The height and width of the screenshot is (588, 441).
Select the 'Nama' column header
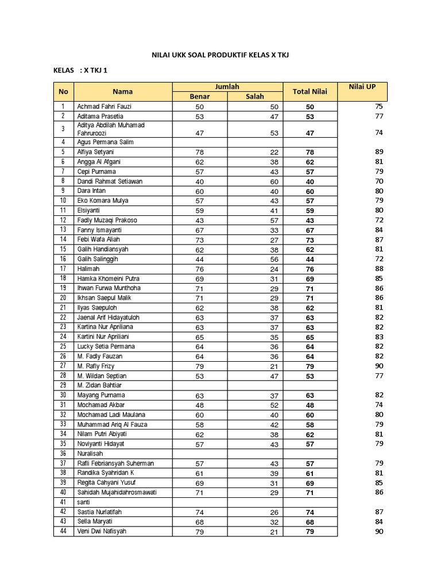pyautogui.click(x=122, y=91)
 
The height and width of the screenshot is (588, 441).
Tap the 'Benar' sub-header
pyautogui.click(x=200, y=96)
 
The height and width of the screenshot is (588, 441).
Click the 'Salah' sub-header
pyautogui.click(x=255, y=96)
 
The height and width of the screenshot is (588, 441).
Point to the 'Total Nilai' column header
pyautogui.click(x=310, y=91)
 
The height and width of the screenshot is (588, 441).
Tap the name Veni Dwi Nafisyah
pyautogui.click(x=102, y=531)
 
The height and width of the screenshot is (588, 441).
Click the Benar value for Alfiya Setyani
pyautogui.click(x=200, y=152)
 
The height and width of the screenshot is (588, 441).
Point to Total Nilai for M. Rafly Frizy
pyautogui.click(x=310, y=366)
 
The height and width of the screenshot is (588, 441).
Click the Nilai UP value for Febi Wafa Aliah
pyautogui.click(x=378, y=239)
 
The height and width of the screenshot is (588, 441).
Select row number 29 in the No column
pyautogui.click(x=63, y=385)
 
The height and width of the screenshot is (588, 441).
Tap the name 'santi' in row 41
pyautogui.click(x=84, y=502)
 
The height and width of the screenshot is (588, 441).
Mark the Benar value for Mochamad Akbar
pyautogui.click(x=200, y=405)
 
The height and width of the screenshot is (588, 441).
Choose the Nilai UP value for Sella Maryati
pyautogui.click(x=378, y=521)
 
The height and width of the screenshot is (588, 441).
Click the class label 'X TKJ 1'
pyautogui.click(x=95, y=71)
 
